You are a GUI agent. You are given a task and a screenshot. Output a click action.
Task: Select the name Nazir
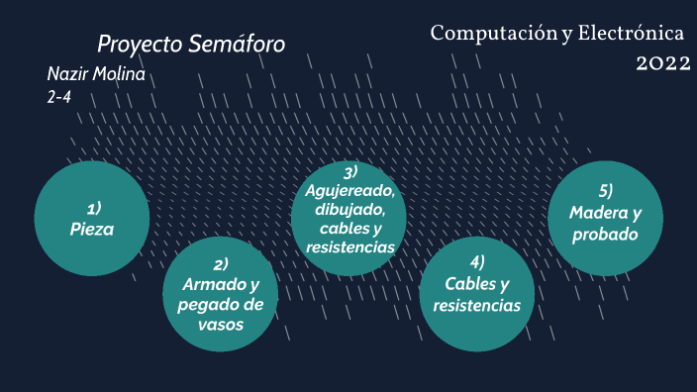pyautogui.click(x=66, y=76)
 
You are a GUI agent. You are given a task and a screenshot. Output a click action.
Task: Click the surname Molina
pyautogui.click(x=118, y=76)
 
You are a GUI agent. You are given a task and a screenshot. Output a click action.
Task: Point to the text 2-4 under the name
pyautogui.click(x=58, y=97)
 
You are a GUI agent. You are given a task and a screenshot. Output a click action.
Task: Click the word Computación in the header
pyautogui.click(x=492, y=34)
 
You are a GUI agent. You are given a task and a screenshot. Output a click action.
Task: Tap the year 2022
pyautogui.click(x=662, y=63)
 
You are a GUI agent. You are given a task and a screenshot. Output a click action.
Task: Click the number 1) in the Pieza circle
pyautogui.click(x=93, y=208)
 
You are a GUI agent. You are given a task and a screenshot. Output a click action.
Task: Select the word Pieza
pyautogui.click(x=92, y=229)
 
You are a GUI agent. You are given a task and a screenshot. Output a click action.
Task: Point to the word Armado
pyautogui.click(x=207, y=284)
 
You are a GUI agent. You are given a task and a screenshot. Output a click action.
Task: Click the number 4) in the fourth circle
pyautogui.click(x=476, y=262)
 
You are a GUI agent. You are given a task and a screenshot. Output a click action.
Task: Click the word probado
pyautogui.click(x=605, y=235)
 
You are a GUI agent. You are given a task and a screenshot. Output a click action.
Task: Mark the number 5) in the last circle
pyautogui.click(x=605, y=191)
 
